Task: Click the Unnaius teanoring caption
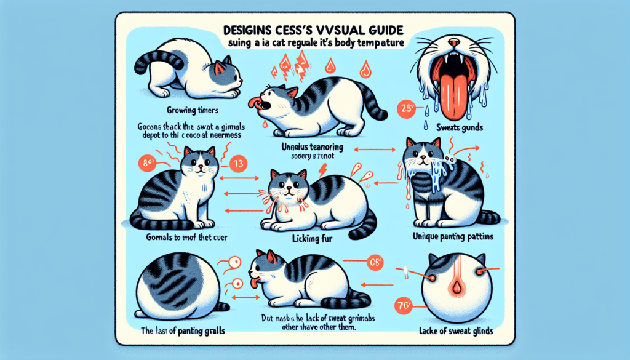point(310,148)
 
